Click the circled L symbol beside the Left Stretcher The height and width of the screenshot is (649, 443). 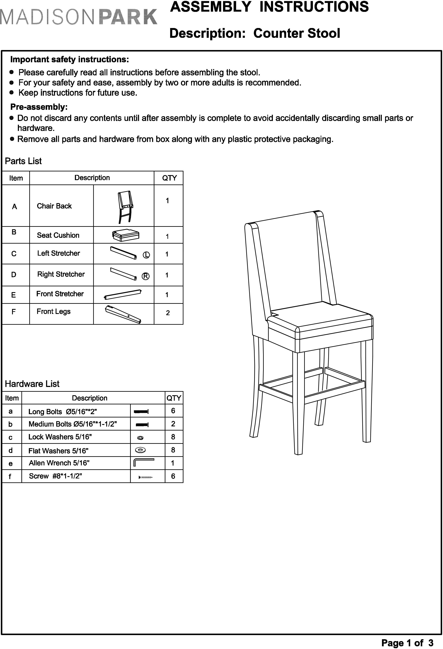(146, 255)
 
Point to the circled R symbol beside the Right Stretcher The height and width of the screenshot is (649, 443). (145, 276)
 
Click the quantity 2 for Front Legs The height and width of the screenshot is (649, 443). (168, 313)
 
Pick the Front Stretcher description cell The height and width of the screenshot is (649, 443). (60, 294)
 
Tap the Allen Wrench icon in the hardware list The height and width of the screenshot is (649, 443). (144, 462)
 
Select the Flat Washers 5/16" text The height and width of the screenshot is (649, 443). (58, 451)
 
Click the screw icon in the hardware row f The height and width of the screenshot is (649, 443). (145, 477)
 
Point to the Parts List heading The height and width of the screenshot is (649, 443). (23, 161)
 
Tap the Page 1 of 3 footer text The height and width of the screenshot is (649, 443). (407, 643)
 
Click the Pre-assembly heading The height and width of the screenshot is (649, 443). (39, 107)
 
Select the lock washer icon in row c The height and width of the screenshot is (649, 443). (140, 438)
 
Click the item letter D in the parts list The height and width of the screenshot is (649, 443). (14, 275)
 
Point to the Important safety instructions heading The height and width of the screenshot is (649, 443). (70, 60)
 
